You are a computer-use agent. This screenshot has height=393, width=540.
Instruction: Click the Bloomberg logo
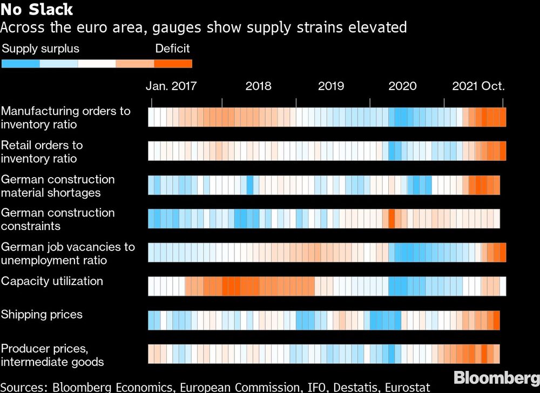[496, 377]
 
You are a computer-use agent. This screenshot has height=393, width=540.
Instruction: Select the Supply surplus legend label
[40, 49]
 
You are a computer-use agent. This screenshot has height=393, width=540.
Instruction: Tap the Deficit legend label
[172, 49]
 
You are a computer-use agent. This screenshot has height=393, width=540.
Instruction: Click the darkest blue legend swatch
[21, 64]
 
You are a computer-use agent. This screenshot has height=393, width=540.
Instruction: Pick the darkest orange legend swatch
[173, 64]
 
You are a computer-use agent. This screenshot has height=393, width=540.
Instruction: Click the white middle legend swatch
[97, 64]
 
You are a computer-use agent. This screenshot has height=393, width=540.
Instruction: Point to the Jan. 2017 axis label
[171, 86]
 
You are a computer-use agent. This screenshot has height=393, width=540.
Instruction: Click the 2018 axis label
[258, 86]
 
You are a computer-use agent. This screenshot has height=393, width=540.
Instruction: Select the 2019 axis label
[331, 86]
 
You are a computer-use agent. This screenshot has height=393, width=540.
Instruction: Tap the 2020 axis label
[402, 86]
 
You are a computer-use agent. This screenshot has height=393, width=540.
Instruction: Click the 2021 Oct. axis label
[478, 86]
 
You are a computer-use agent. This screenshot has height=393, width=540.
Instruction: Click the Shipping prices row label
[42, 314]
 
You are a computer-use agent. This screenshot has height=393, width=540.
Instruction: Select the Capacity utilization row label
[52, 281]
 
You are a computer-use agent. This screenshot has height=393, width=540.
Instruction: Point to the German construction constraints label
[58, 219]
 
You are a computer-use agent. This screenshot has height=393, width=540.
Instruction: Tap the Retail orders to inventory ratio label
[42, 152]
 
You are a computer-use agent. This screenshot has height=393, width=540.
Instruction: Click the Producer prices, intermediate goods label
[52, 355]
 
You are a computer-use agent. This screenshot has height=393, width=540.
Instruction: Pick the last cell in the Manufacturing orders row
[503, 117]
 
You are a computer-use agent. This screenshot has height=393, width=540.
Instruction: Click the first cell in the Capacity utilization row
[152, 286]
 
